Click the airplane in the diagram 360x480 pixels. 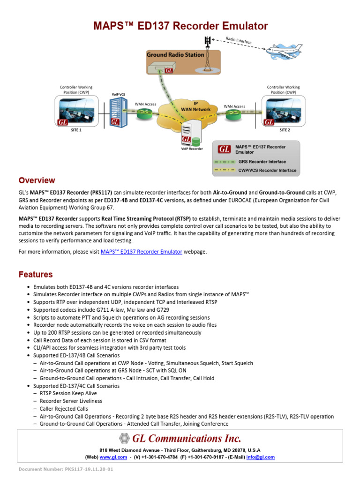(x=287, y=49)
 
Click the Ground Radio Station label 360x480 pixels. (x=175, y=55)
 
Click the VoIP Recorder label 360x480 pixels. (x=192, y=149)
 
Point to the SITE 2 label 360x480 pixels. (x=285, y=130)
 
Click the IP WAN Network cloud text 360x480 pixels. (x=196, y=106)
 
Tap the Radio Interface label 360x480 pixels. (x=239, y=40)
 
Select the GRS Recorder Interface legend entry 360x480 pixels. (x=262, y=162)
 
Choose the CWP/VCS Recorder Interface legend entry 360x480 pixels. (x=267, y=171)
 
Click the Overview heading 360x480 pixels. (x=37, y=180)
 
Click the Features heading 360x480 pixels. (x=36, y=274)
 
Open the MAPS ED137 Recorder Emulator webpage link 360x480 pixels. (x=142, y=252)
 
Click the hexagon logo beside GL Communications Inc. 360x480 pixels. (x=124, y=439)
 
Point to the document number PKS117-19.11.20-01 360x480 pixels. (x=66, y=469)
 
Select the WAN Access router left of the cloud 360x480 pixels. (x=142, y=113)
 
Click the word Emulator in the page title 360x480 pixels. (x=239, y=26)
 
